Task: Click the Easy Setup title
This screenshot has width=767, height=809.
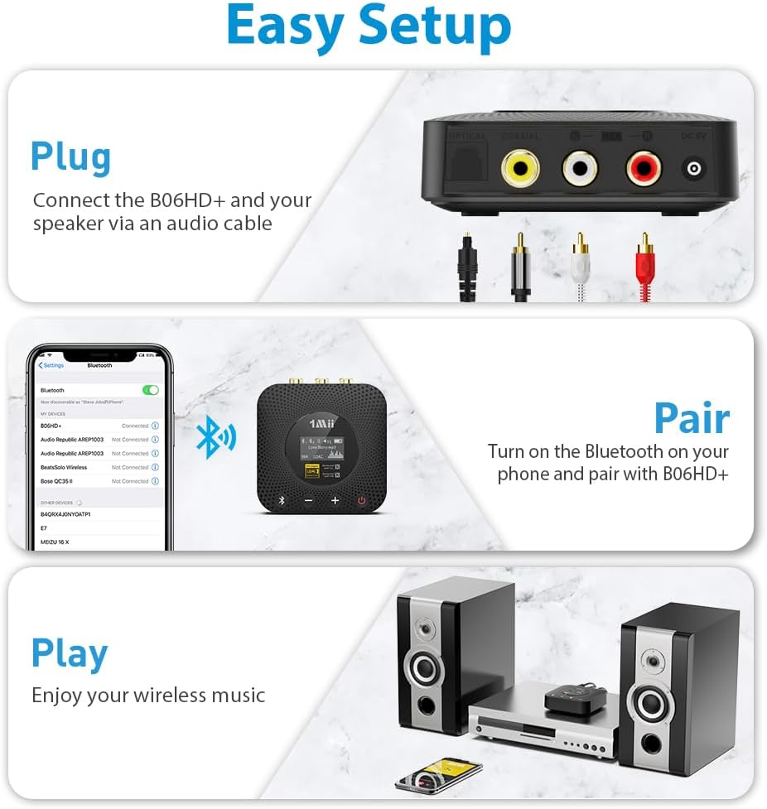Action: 369,26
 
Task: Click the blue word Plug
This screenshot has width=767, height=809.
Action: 70,157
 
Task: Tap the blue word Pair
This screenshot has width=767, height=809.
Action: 692,418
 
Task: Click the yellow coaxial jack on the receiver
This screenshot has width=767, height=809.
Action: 519,169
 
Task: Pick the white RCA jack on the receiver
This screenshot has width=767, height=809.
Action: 580,169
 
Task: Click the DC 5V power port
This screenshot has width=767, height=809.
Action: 693,170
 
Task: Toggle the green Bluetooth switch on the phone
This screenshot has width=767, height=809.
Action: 150,390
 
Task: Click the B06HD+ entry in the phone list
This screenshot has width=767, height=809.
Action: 51,426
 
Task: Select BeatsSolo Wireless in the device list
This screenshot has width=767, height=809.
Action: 64,467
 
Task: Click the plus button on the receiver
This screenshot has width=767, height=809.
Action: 335,500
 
